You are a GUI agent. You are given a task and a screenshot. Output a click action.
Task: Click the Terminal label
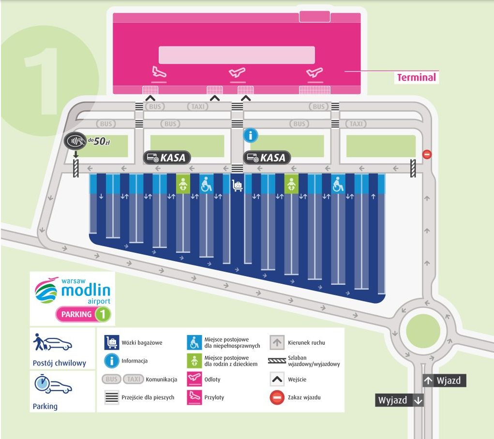point(416,77)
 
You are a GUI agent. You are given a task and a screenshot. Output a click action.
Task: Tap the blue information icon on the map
point(251,135)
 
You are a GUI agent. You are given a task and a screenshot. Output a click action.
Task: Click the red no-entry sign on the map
point(427,154)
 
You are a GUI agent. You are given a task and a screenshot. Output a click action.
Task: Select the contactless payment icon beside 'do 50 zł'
point(75,141)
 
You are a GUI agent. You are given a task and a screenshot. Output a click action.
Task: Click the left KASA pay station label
point(167,158)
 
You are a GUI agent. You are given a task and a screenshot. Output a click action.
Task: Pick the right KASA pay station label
point(267,158)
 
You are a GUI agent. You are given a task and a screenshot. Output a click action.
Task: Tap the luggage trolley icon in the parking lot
point(237,185)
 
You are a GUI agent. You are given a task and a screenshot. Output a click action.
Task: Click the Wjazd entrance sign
point(444,380)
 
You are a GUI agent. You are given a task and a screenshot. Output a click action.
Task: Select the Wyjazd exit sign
point(399,400)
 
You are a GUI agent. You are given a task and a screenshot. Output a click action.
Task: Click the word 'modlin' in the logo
point(86,290)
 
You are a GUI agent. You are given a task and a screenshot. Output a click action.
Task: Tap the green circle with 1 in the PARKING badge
point(103,314)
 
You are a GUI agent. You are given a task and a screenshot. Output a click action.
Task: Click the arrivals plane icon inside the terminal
point(159,72)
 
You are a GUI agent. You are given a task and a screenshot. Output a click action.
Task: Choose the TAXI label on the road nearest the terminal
point(198,106)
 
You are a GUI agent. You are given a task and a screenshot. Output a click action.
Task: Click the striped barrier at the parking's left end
point(75,168)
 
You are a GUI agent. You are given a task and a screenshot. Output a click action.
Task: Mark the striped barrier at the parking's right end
point(413,168)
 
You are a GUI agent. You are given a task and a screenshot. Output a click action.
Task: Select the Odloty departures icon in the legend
point(195,379)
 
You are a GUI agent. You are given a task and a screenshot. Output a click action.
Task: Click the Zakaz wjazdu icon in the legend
point(277,397)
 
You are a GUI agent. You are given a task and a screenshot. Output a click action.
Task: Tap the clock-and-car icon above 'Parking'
point(53,384)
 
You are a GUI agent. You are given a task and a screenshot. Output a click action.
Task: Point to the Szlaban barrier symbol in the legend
point(277,361)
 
